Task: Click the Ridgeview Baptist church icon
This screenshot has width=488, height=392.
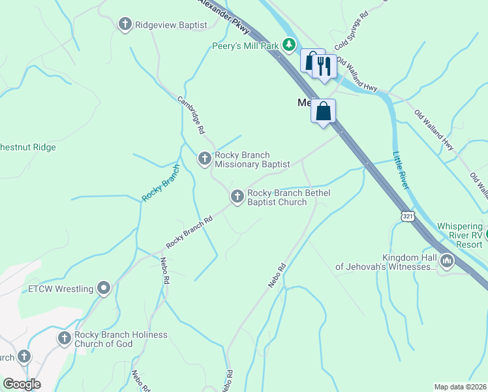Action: [125, 25]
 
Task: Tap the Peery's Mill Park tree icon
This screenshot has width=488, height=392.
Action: [289, 45]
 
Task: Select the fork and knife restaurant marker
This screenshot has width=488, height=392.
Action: [324, 65]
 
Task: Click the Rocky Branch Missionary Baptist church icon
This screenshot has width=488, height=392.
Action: [205, 159]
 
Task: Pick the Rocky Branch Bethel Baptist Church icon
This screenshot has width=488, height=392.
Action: [237, 195]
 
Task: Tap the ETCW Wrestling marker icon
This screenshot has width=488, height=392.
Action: [103, 288]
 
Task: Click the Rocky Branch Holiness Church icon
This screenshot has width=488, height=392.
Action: [64, 338]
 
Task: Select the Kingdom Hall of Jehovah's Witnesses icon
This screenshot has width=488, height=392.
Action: [447, 261]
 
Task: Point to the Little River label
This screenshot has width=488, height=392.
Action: [400, 171]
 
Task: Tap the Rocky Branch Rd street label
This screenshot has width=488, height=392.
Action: [189, 232]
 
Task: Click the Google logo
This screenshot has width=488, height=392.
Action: [22, 384]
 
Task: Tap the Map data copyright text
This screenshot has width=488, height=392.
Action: [461, 387]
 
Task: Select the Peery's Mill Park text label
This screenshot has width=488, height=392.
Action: [245, 46]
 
